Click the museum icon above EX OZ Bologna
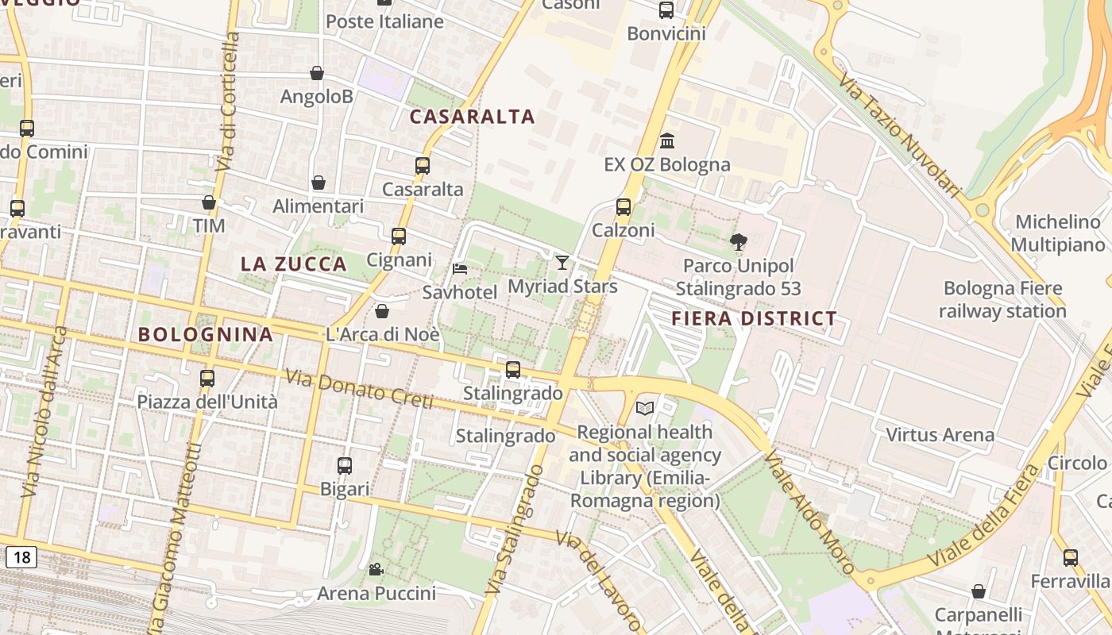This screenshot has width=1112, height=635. (667, 140)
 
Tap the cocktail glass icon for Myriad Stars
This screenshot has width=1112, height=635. (562, 262)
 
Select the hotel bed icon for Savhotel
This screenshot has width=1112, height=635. (460, 269)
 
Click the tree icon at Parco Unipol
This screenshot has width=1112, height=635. (738, 242)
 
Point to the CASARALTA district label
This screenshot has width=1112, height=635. (472, 117)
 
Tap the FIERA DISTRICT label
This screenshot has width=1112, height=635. (754, 318)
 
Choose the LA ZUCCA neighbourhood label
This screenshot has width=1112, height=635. (294, 264)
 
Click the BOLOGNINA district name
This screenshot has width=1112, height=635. (206, 334)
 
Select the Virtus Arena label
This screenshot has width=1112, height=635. (940, 434)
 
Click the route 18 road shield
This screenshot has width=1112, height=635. (21, 557)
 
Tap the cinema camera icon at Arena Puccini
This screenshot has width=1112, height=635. (376, 569)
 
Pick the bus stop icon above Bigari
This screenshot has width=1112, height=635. (344, 466)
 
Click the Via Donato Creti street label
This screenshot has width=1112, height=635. (358, 390)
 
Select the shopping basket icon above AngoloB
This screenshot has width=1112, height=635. (317, 73)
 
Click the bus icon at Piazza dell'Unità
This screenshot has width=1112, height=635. (207, 378)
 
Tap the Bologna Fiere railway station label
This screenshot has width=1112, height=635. (1002, 299)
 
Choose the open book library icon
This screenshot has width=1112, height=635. (645, 408)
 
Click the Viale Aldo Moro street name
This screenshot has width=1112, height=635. (809, 511)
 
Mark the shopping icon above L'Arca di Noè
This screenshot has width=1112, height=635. (382, 310)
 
